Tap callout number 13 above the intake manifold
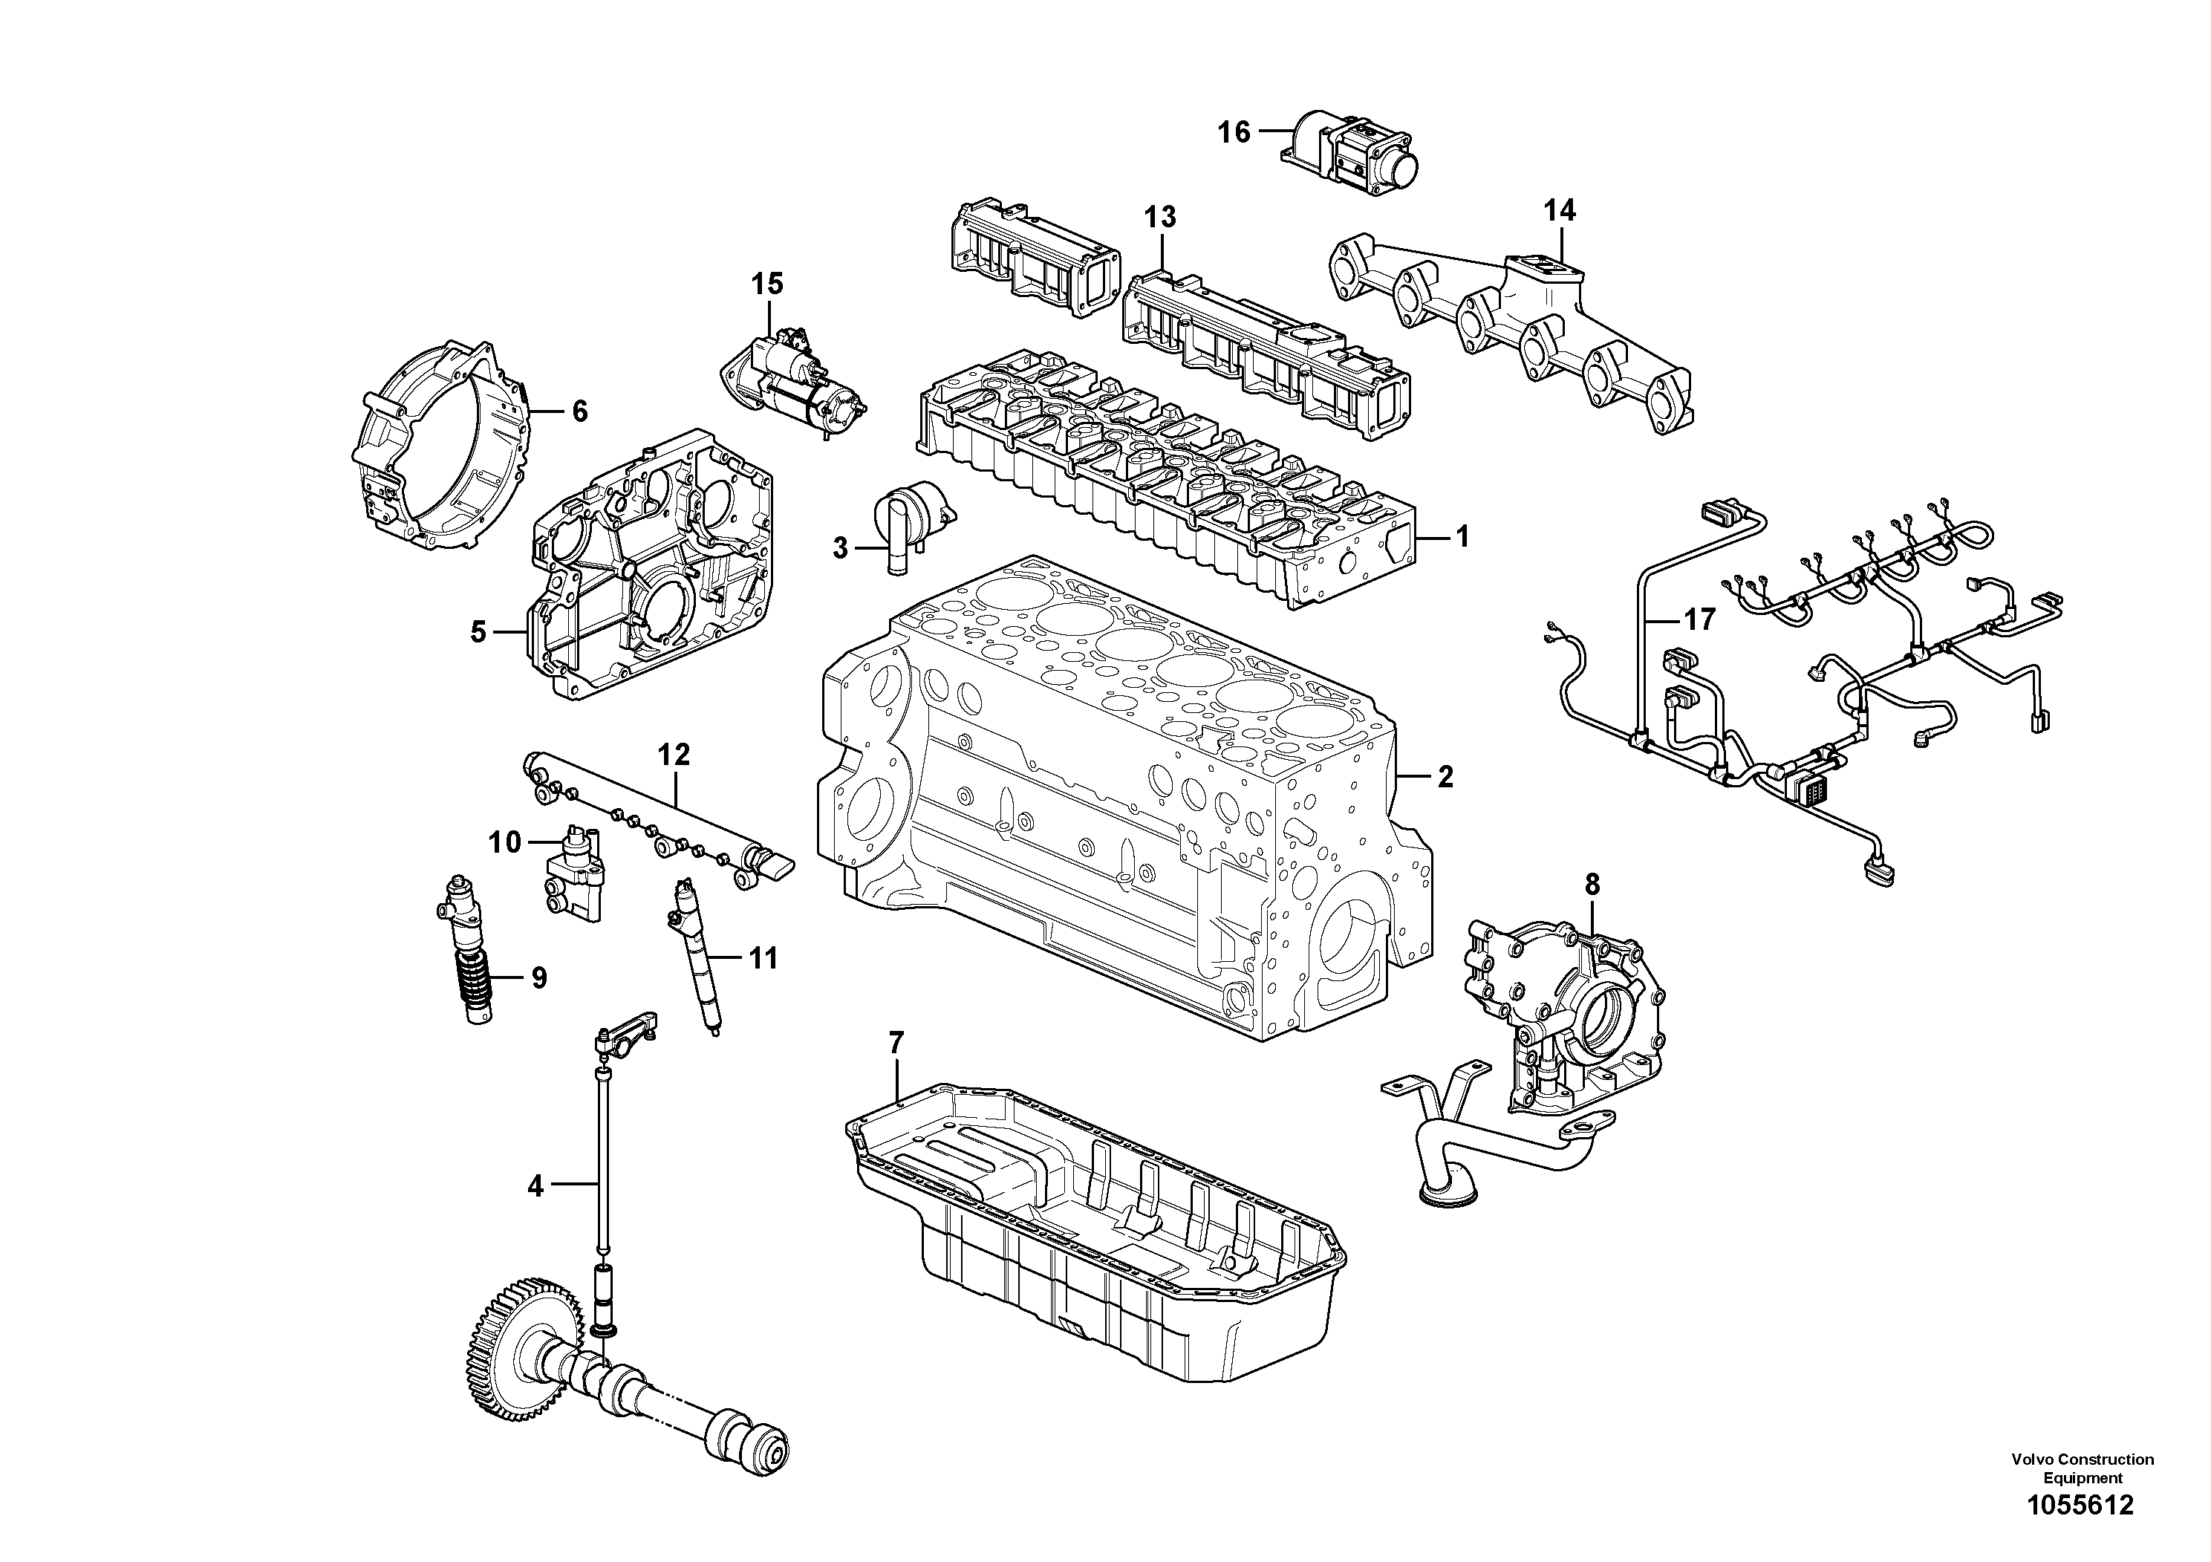1160,218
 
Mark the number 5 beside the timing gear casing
478,633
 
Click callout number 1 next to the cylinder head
1462,536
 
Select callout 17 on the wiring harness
1700,619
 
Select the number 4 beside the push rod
535,1186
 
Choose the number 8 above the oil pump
1591,883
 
